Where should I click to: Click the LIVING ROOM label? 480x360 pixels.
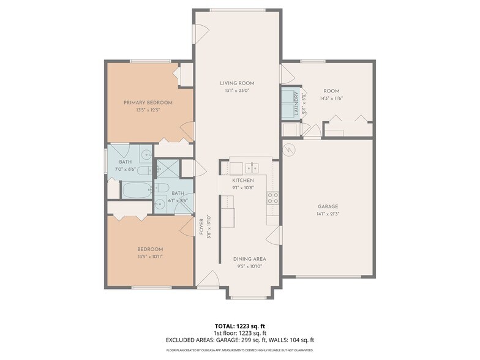coord(238,83)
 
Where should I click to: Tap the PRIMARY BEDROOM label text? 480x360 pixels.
coord(148,102)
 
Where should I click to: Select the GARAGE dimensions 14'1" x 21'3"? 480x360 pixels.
coord(328,214)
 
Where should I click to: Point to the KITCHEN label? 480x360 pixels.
coord(242,181)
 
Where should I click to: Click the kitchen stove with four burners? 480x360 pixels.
coord(273,198)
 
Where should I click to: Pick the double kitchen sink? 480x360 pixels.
coord(252,167)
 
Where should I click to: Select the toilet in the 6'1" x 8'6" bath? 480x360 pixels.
coord(162,188)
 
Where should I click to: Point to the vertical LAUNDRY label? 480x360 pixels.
coord(296,103)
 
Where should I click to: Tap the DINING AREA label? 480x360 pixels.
coord(249,259)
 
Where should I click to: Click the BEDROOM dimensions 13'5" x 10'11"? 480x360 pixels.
coord(149,257)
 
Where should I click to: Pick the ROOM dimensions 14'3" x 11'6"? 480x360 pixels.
coord(331,98)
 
